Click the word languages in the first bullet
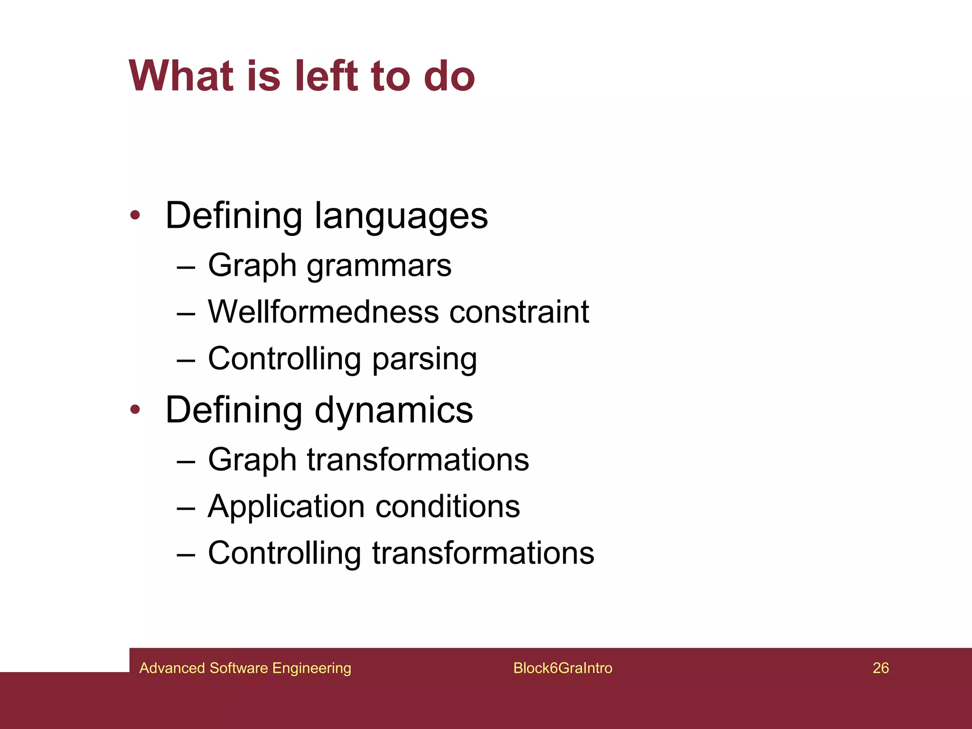[x=401, y=216]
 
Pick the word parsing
[x=424, y=359]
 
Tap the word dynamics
[x=393, y=411]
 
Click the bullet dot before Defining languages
[x=135, y=215]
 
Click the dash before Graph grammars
[x=186, y=268]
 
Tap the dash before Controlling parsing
[x=186, y=361]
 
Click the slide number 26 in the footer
[x=880, y=668]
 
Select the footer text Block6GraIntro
[x=562, y=668]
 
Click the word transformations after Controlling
[x=483, y=553]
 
